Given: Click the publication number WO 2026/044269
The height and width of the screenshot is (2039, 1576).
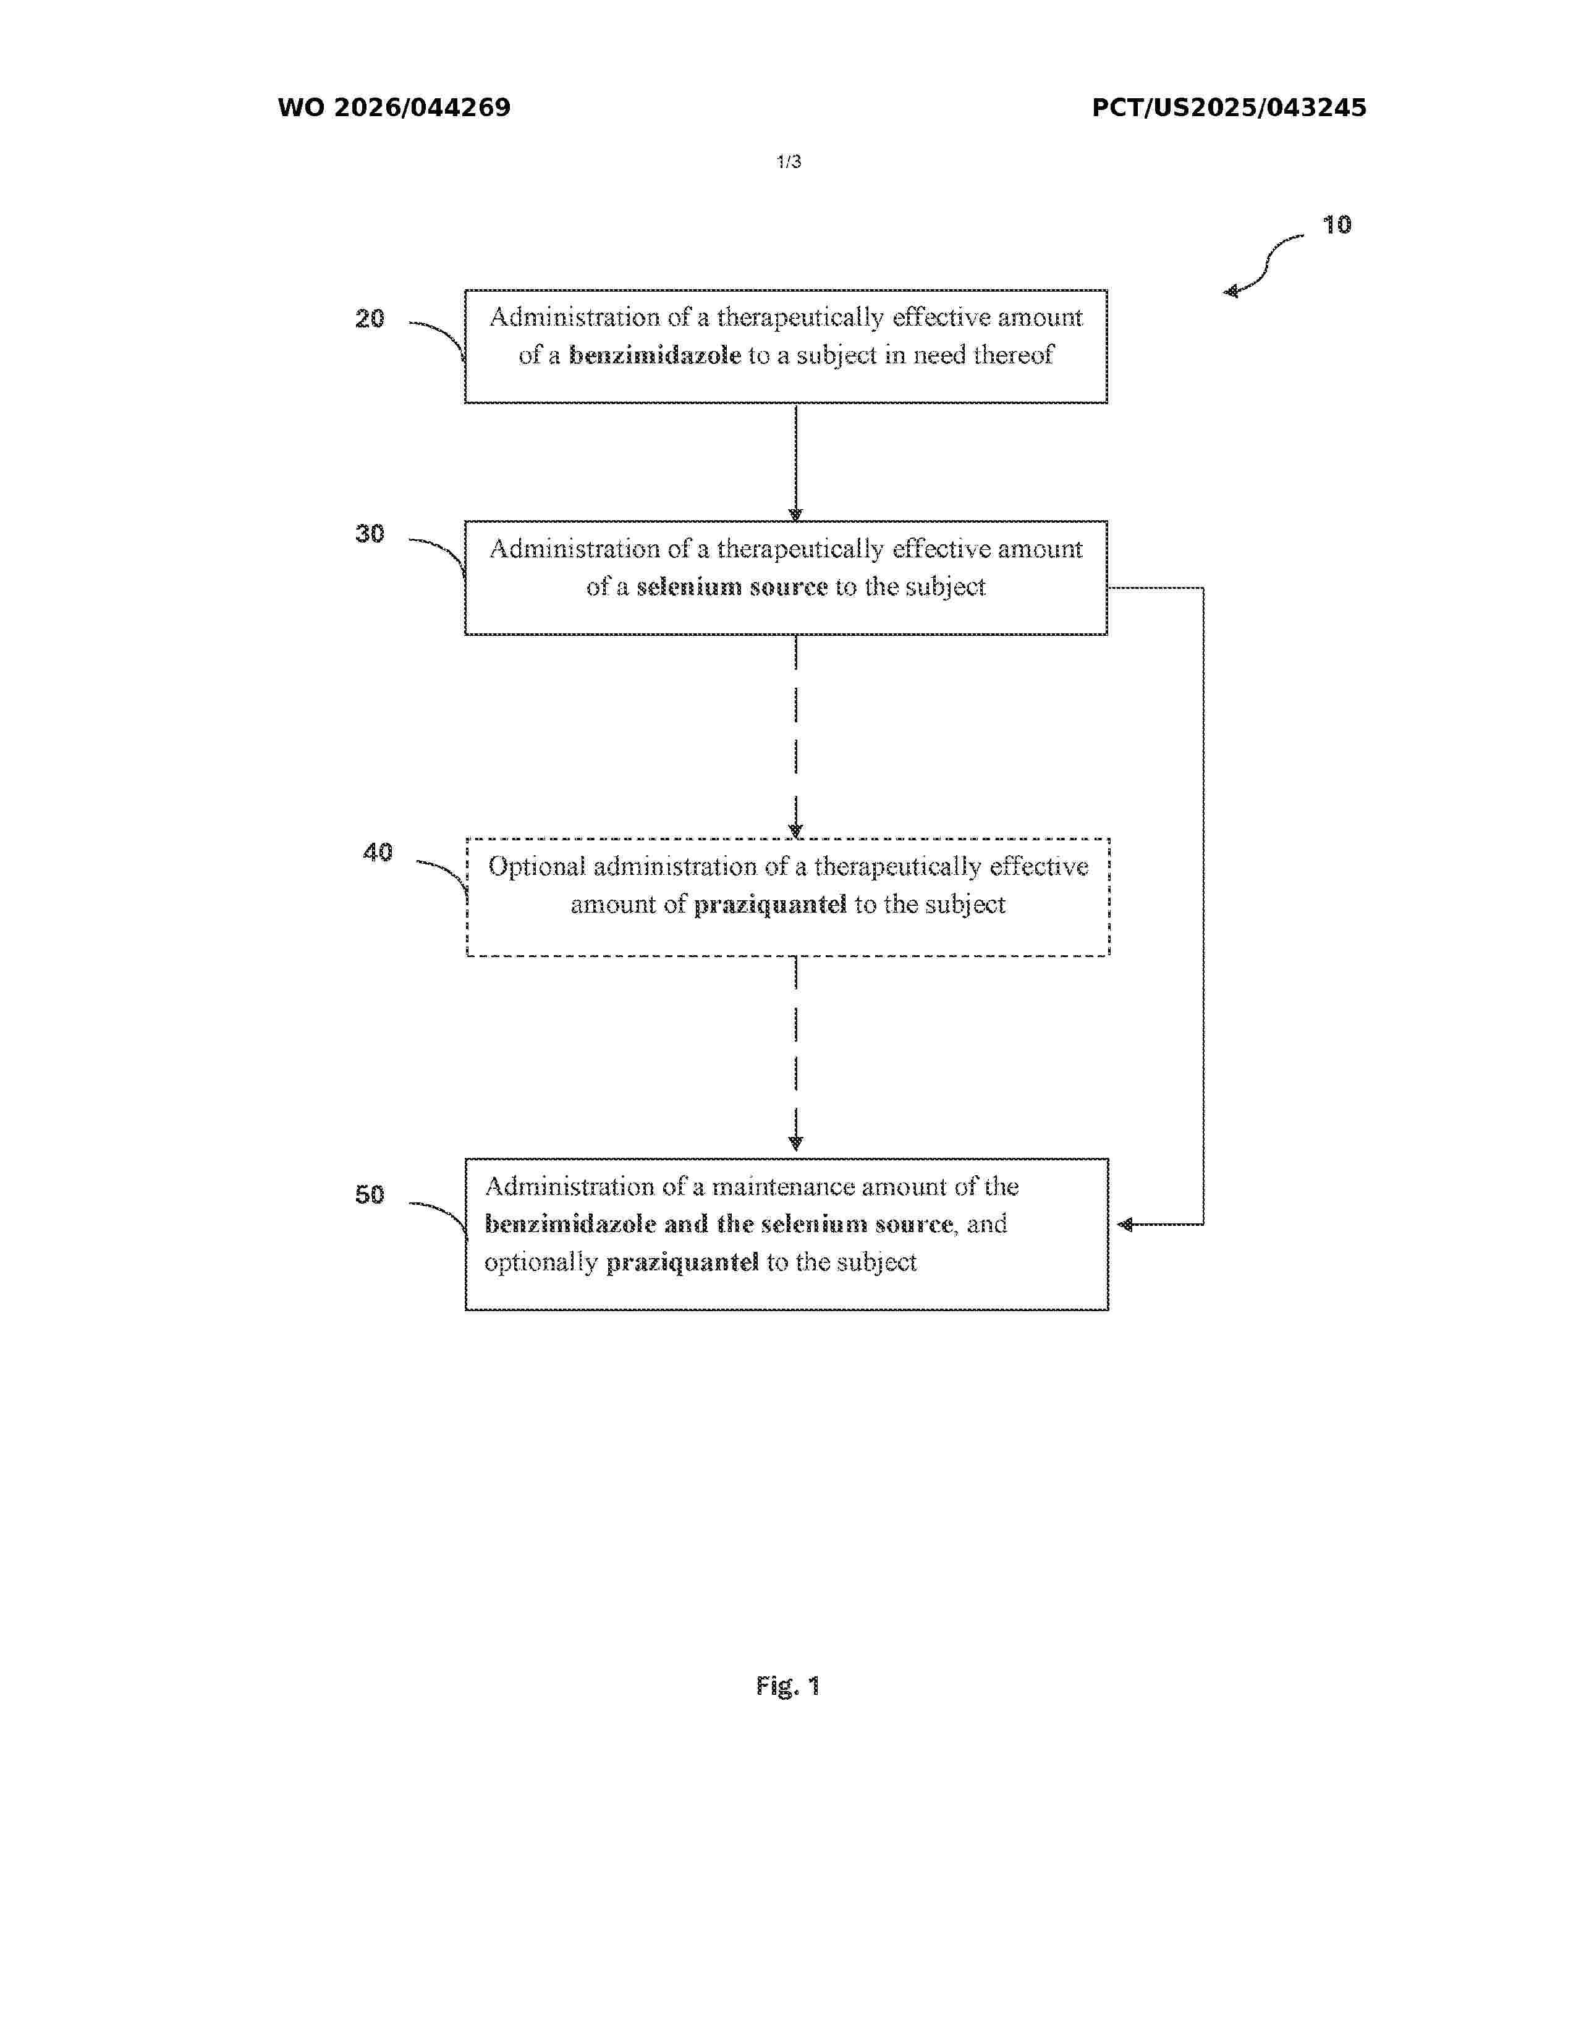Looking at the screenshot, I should (394, 108).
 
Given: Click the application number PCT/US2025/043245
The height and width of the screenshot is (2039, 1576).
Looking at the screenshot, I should (1229, 108).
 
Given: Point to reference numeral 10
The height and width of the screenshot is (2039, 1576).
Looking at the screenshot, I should (1336, 225).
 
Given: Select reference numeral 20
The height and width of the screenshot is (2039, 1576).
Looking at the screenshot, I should (370, 319).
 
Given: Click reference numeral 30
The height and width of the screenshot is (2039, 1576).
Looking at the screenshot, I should (370, 534).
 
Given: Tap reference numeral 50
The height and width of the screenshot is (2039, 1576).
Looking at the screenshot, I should (370, 1195).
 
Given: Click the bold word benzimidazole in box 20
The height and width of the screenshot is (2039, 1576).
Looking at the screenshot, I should (655, 356).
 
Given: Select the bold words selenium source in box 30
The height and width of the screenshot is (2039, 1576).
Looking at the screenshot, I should (732, 587).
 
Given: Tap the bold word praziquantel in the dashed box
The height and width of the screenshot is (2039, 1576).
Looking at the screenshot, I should (770, 905).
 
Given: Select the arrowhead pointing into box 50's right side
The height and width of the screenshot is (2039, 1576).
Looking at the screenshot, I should (1125, 1224).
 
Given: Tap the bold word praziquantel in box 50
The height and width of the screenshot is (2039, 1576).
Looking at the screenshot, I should (682, 1263).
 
